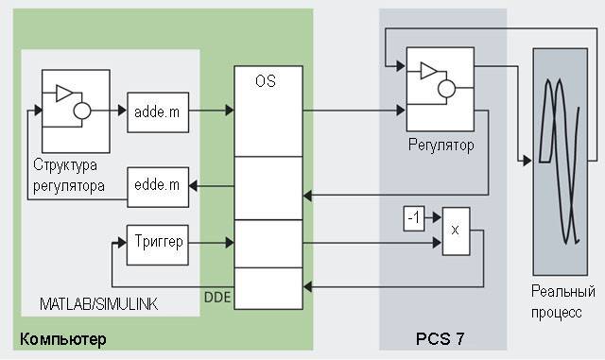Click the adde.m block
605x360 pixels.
point(158,112)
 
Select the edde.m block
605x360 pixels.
point(158,187)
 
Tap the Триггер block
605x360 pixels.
point(158,245)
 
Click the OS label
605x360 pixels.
point(266,81)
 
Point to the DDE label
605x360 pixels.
point(217,297)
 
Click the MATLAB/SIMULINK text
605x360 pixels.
point(98,304)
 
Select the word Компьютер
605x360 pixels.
point(63,339)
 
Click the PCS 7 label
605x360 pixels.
point(440,339)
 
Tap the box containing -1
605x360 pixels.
point(414,219)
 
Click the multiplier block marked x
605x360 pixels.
point(456,231)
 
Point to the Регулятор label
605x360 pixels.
point(441,146)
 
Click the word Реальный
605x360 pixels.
point(563,291)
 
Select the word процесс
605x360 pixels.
point(556,312)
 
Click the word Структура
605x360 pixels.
point(65,165)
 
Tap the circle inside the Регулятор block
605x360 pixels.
point(446,89)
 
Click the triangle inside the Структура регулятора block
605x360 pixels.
point(64,93)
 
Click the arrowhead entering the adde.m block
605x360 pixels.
point(122,111)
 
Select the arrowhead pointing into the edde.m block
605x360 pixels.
point(193,186)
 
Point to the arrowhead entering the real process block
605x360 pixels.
point(527,160)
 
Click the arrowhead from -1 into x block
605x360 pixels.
point(437,217)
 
